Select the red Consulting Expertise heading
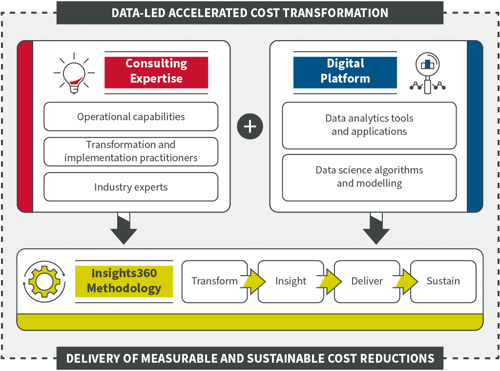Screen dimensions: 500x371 (156, 72)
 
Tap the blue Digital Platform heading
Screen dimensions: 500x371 (345, 72)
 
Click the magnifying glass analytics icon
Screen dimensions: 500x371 (427, 73)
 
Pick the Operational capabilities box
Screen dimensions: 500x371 (131, 116)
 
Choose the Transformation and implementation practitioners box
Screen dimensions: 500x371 (131, 152)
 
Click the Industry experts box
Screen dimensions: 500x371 (131, 187)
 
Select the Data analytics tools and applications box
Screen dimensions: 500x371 (369, 126)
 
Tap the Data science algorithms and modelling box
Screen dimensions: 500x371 (369, 178)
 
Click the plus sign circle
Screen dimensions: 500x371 (250, 127)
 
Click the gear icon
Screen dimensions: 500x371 (44, 282)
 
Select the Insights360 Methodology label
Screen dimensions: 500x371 (124, 281)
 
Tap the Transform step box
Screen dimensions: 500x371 (215, 281)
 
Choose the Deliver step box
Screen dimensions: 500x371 (367, 281)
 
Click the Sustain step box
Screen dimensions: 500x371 (443, 281)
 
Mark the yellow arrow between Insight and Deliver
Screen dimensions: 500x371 (330, 281)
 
